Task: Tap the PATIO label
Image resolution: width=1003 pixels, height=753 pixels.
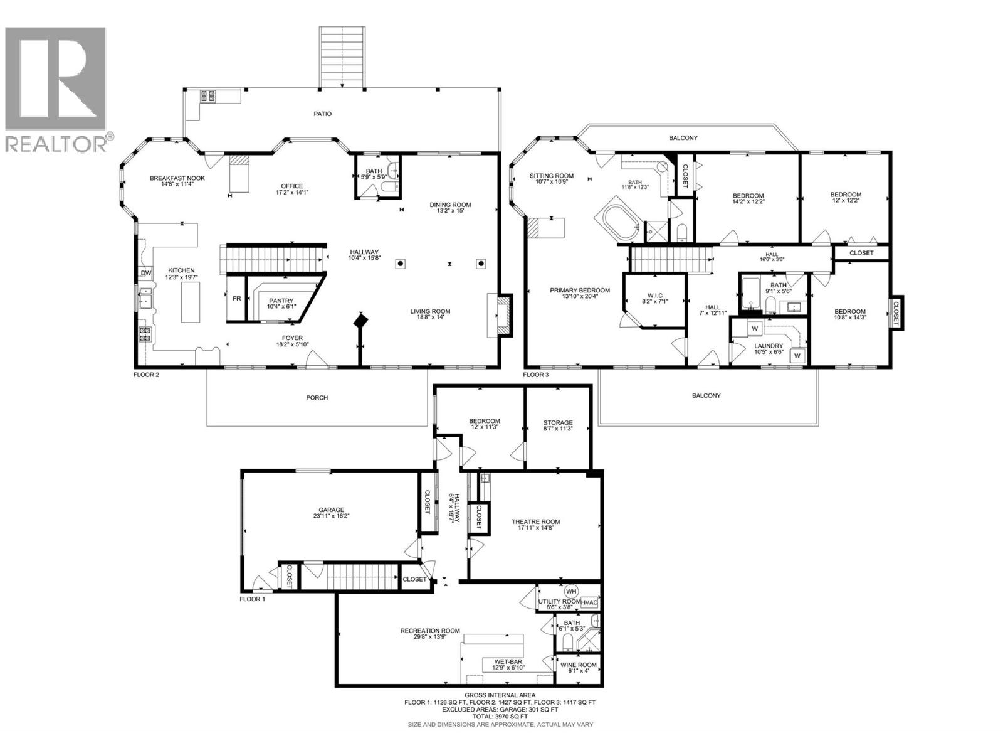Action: point(323,114)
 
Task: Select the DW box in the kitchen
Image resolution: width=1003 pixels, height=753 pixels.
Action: point(145,273)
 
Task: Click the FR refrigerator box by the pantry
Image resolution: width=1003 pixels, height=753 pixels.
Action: point(237,299)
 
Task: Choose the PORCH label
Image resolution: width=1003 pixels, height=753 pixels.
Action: point(317,397)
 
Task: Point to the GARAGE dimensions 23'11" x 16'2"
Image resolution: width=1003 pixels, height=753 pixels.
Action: point(331,516)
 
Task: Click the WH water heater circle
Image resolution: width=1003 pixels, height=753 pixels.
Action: point(570,591)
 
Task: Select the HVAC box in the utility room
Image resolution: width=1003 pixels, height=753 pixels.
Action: point(589,602)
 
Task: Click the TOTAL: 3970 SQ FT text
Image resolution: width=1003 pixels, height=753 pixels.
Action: point(500,716)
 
